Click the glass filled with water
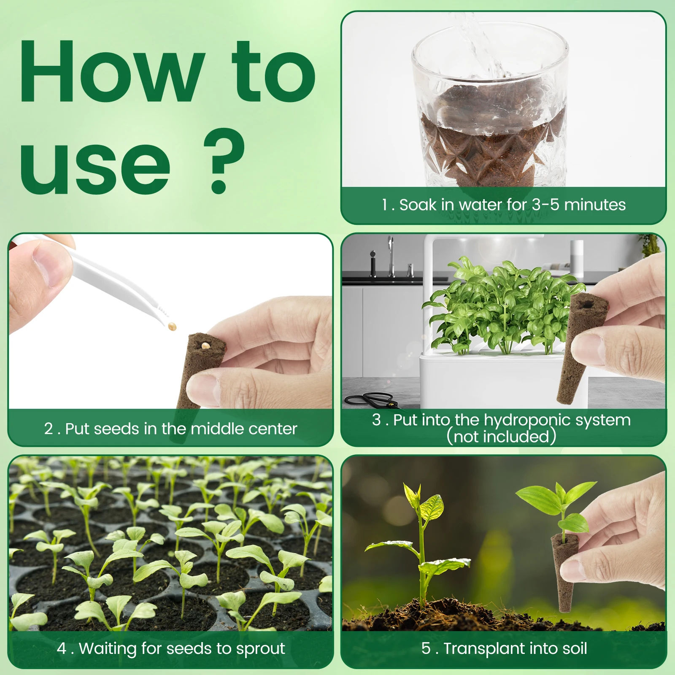[x=489, y=105]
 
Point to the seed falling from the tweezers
[x=172, y=327]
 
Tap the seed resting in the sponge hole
[x=205, y=346]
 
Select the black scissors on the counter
[x=371, y=399]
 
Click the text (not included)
[x=501, y=437]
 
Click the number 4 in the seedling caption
[x=62, y=648]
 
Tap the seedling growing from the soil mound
[x=422, y=548]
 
